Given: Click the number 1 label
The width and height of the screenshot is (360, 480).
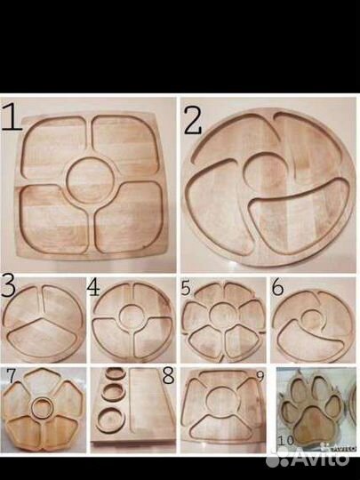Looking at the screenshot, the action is click(12, 117).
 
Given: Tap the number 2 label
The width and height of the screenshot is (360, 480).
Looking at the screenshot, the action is click(193, 121).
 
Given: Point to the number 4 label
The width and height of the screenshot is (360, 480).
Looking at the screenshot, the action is click(93, 288).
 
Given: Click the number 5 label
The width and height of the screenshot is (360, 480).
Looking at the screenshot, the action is click(186, 288).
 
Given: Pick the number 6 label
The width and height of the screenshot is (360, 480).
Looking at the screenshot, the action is click(277, 287).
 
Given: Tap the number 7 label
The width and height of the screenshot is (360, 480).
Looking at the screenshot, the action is click(11, 376).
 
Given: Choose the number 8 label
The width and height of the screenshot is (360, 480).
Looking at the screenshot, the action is click(169, 375).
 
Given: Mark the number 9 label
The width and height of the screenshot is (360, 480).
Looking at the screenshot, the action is click(260, 377).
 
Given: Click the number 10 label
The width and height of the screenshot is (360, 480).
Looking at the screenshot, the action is click(286, 441).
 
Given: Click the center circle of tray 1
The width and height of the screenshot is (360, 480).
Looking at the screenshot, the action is click(91, 180).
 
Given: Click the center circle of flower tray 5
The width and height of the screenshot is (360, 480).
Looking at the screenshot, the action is click(222, 316).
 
